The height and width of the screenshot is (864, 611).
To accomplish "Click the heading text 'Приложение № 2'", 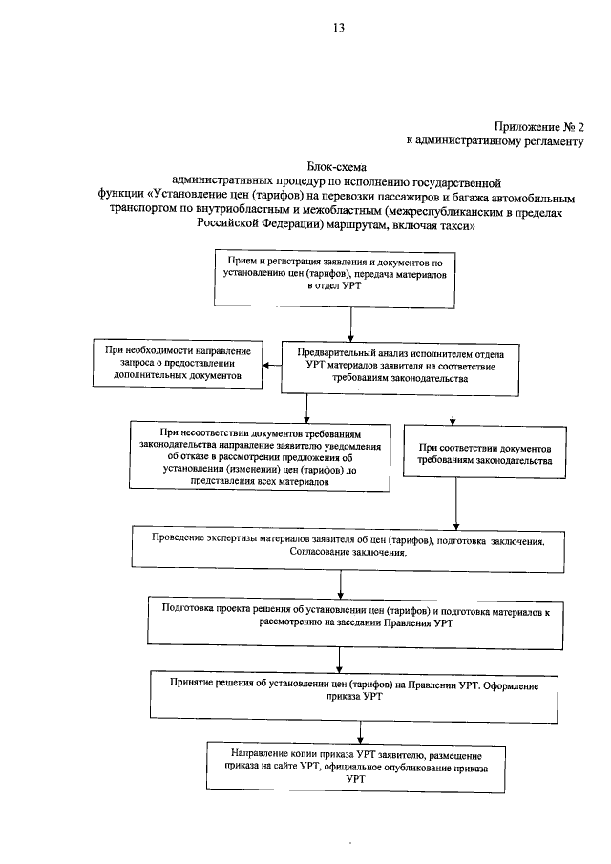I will [x=537, y=126].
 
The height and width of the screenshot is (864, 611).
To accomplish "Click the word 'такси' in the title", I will [x=448, y=230].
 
